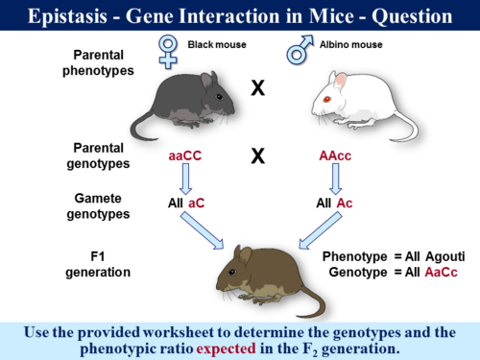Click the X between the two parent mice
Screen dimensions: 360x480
[257, 89]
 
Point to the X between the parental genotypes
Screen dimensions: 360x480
[257, 155]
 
